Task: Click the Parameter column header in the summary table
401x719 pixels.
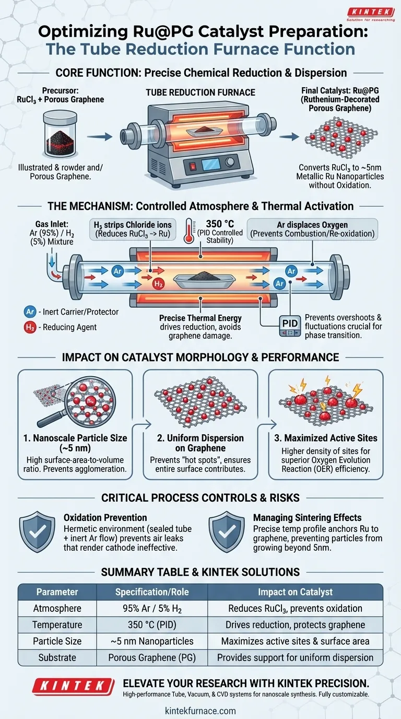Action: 57,592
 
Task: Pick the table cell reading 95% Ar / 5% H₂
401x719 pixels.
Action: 154,608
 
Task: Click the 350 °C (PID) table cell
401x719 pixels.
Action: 154,625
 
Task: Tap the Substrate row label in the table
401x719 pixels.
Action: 57,657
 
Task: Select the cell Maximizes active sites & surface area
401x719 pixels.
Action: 295,641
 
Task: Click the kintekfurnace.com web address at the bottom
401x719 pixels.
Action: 200,711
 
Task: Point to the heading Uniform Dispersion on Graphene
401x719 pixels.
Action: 200,443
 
